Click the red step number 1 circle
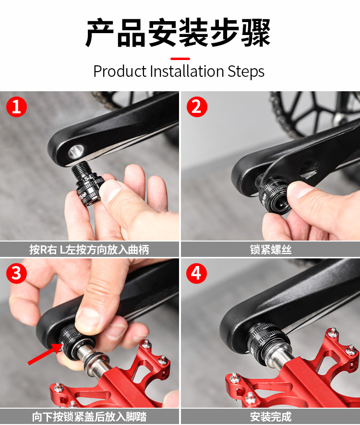click(x=16, y=107)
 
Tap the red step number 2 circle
click(x=197, y=107)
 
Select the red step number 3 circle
click(x=16, y=273)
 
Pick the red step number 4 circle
click(x=197, y=273)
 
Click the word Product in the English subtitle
click(x=120, y=71)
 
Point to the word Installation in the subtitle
click(x=187, y=71)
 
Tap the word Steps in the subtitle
click(x=246, y=72)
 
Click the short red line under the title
click(x=180, y=59)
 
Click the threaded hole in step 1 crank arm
click(x=76, y=152)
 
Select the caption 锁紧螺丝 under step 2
click(x=271, y=250)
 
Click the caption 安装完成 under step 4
click(x=271, y=417)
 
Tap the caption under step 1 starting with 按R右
click(x=89, y=250)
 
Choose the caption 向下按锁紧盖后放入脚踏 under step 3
click(x=89, y=417)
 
